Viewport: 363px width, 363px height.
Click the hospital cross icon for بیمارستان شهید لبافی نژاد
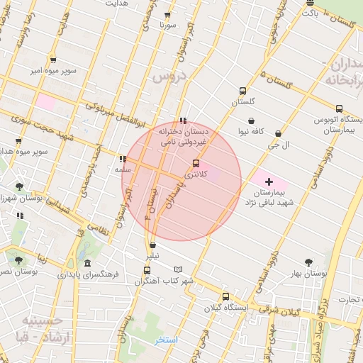269,182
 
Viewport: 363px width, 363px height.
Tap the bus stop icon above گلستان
243,91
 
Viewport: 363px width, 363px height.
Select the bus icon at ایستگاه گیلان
225,296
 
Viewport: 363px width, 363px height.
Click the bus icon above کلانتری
196,163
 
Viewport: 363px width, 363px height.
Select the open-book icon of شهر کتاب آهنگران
178,269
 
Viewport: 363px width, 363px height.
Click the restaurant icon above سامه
123,160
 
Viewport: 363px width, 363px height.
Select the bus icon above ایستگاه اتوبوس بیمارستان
339,109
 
